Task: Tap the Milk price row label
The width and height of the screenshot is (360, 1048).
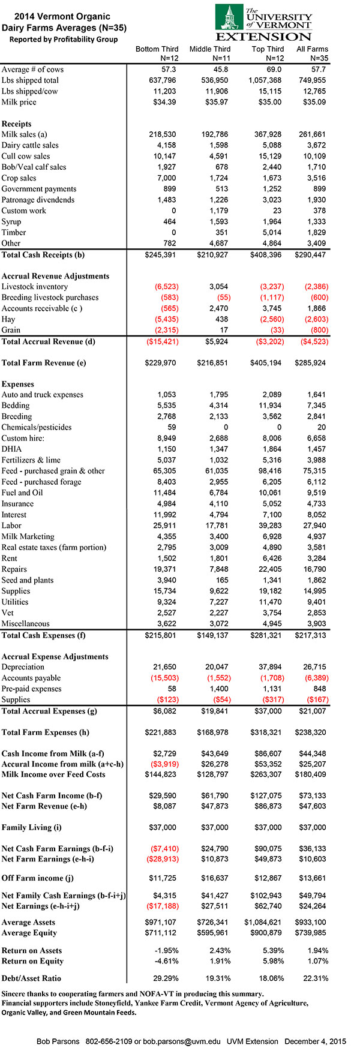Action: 19,102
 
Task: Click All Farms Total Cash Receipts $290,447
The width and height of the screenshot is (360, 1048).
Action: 310,255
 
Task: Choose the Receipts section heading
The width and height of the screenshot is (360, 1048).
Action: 17,124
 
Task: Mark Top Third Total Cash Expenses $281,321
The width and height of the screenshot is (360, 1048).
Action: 266,635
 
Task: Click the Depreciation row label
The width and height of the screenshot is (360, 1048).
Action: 23,667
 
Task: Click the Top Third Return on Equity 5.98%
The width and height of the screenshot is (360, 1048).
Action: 269,962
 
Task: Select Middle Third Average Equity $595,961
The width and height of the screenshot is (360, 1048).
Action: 213,933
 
